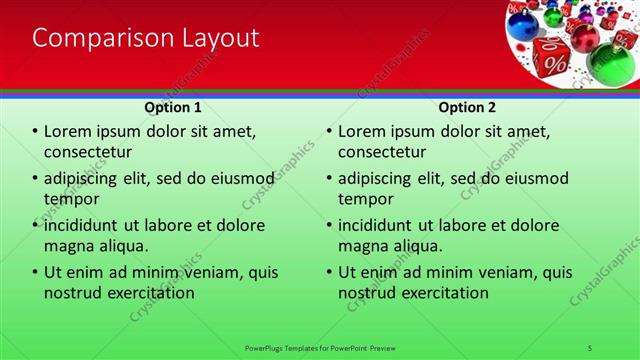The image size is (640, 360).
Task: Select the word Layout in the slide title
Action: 215,38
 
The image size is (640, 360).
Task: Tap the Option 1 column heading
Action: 173,107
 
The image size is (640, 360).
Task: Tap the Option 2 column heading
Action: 467,107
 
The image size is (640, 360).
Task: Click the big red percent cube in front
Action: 553,57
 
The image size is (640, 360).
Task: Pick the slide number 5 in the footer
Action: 590,347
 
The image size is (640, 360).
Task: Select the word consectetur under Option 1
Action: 88,152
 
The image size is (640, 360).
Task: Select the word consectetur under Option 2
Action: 383,152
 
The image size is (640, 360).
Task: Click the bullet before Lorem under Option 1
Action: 35,132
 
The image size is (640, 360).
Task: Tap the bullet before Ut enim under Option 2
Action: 329,273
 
